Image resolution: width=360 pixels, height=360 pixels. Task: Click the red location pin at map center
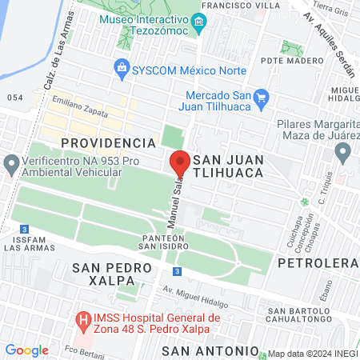[180, 163]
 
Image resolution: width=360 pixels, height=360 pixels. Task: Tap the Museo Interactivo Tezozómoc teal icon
[201, 22]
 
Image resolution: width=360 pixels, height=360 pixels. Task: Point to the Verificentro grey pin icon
[11, 165]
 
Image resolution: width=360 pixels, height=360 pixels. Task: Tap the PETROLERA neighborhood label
[318, 262]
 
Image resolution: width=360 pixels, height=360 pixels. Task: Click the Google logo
[26, 350]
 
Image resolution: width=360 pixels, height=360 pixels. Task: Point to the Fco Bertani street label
[83, 351]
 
